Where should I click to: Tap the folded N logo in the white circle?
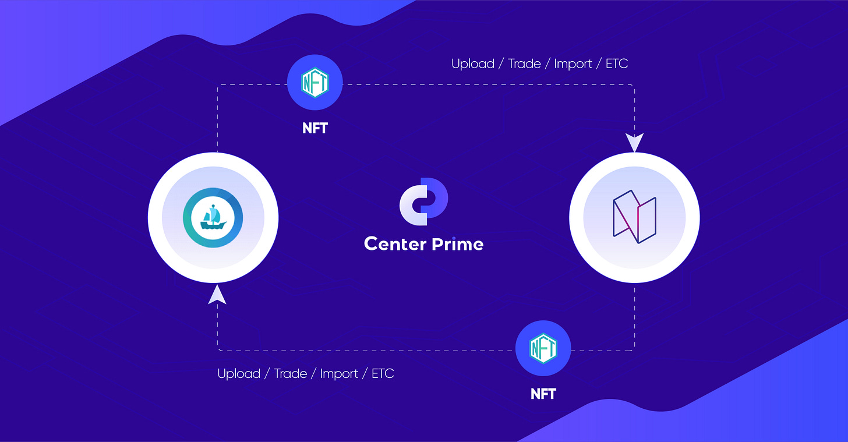(x=634, y=217)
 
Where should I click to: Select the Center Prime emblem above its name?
(x=423, y=201)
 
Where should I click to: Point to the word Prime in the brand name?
(x=457, y=243)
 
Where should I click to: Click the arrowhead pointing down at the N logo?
(x=634, y=143)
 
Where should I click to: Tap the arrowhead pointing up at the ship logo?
(x=217, y=294)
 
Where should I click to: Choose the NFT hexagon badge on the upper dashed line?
(x=315, y=83)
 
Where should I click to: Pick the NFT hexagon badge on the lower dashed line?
(x=543, y=348)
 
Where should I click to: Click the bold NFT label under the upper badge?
(x=315, y=128)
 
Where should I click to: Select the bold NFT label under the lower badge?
(x=543, y=394)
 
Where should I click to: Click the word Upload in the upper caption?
(x=473, y=63)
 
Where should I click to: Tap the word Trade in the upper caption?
(x=524, y=63)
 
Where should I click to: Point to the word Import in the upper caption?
(x=574, y=64)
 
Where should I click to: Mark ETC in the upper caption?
(x=617, y=63)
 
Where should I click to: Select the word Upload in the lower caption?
(x=239, y=373)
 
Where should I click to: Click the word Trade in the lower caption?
(x=290, y=373)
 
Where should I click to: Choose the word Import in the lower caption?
(x=340, y=374)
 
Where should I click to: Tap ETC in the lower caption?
(x=383, y=373)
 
